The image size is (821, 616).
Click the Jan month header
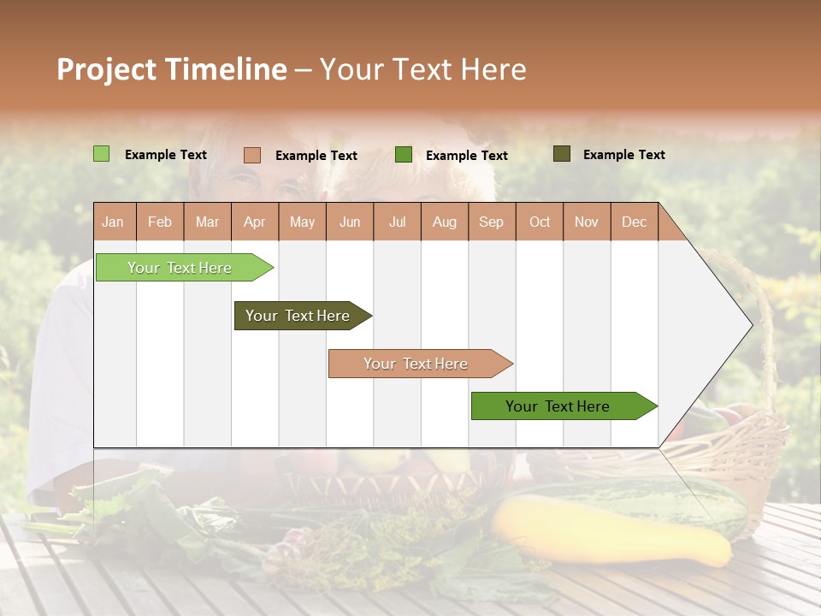tap(113, 222)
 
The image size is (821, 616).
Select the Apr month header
tap(254, 222)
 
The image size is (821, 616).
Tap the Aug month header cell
tap(444, 222)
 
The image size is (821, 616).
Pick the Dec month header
tap(634, 222)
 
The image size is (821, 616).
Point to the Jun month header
tap(350, 222)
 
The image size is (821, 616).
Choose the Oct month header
tap(540, 222)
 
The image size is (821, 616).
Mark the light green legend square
tap(101, 154)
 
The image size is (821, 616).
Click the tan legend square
tap(251, 155)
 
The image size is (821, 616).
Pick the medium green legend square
tap(404, 155)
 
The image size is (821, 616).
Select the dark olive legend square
tap(561, 154)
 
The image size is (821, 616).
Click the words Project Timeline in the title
tap(171, 69)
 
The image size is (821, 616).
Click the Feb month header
tap(160, 222)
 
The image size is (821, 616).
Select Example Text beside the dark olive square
tap(623, 155)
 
